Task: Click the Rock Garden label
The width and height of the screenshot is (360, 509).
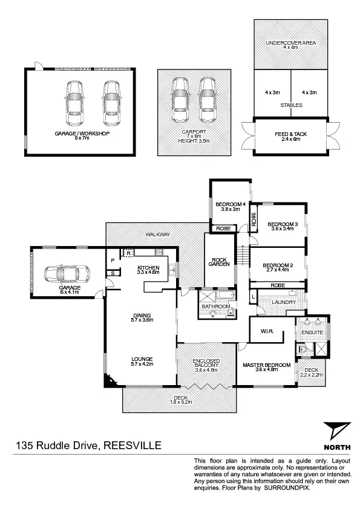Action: coord(218,261)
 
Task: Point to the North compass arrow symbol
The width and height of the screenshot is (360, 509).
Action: coord(337,431)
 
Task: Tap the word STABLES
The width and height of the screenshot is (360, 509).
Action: coord(291,105)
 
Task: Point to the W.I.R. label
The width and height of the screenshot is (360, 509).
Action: coord(269,331)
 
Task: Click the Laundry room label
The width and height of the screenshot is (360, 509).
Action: coord(283,302)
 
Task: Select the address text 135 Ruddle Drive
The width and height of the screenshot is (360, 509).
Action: coord(58,446)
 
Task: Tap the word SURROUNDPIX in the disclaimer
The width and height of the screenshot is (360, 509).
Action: coord(287,487)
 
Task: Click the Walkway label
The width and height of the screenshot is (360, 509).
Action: coord(157,234)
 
